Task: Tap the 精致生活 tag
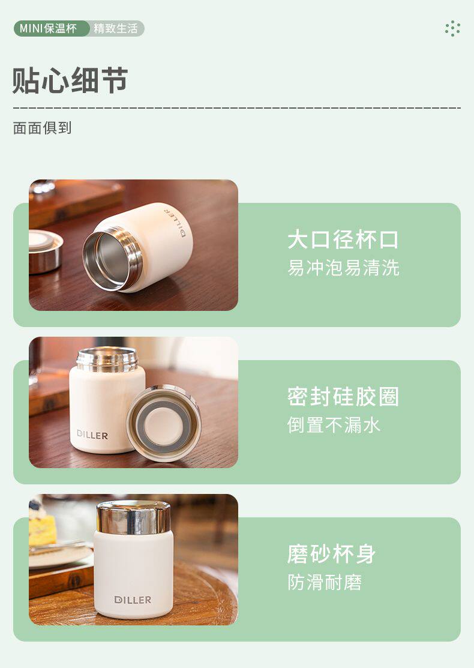(x=116, y=29)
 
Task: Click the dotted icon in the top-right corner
(x=452, y=29)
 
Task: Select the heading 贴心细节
(x=70, y=80)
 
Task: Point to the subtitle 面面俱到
(x=42, y=128)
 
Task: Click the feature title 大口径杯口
(x=343, y=239)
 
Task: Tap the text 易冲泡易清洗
(x=343, y=268)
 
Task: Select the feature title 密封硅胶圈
(x=343, y=397)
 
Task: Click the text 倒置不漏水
(x=334, y=425)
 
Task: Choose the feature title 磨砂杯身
(x=332, y=554)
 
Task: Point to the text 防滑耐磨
(x=325, y=582)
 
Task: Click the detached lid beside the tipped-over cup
(x=44, y=251)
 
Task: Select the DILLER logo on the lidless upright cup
(x=92, y=435)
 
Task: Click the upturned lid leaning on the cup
(x=164, y=423)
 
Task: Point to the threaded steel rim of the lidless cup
(x=107, y=359)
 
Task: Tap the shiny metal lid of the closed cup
(x=133, y=517)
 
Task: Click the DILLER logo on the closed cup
(x=133, y=600)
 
